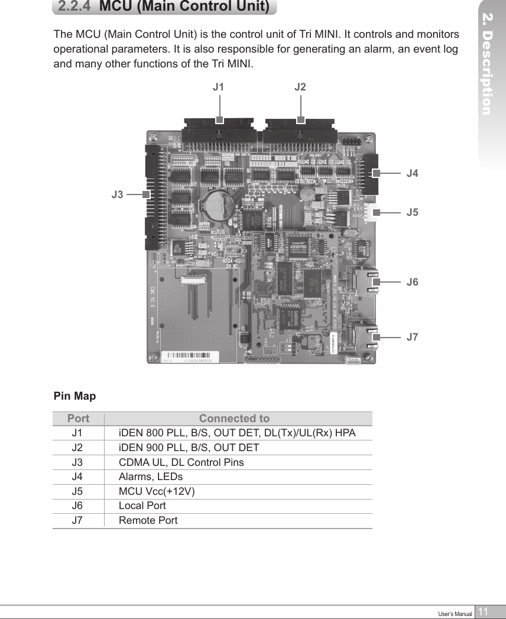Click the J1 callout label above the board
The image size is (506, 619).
[219, 87]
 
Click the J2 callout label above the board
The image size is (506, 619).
[300, 87]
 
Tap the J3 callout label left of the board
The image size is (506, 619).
[118, 194]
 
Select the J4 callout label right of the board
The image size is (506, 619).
[413, 174]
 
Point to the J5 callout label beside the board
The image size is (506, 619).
[413, 212]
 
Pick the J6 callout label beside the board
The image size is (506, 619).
[413, 282]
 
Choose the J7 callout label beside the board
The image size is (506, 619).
[413, 338]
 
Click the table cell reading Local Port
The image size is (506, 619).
[142, 506]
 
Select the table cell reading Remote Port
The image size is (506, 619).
[148, 521]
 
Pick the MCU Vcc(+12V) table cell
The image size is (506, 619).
[157, 491]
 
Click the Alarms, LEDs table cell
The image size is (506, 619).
[151, 477]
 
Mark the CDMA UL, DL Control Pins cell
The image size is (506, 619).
[181, 462]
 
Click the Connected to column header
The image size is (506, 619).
[234, 419]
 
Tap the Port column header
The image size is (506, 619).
[78, 419]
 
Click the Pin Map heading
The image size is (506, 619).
[74, 396]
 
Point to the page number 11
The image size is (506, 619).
[483, 612]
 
